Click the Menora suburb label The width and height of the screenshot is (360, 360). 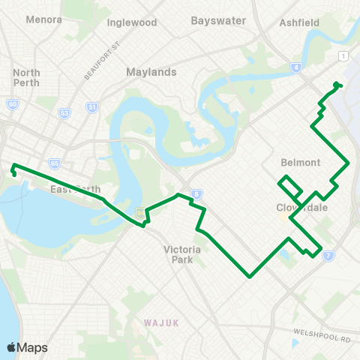coord(43,19)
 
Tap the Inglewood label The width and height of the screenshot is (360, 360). coord(132,22)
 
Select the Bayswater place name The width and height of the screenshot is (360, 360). coord(218,20)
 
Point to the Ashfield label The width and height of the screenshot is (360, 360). coord(299,22)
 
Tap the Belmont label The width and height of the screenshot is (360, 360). coord(300,162)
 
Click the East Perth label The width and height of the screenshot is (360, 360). coord(70,189)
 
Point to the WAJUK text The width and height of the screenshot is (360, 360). coord(160,322)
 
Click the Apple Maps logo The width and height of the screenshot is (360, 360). coord(27,347)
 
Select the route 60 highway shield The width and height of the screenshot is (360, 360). coord(13,104)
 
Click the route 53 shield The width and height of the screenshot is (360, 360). coord(64,113)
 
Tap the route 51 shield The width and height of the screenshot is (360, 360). coord(92,108)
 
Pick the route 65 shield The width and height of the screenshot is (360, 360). coord(55,163)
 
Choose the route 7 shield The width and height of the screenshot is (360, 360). coord(328,256)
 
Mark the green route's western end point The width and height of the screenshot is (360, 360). coord(13,173)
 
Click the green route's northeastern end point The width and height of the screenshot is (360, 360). coord(337,84)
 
